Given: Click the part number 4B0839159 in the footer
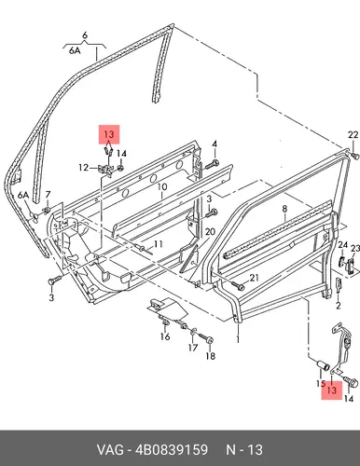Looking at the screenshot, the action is (x=172, y=449).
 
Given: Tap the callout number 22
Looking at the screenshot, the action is (x=353, y=135).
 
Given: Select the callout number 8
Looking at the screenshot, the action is (x=284, y=209).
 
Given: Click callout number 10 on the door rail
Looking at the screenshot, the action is (x=162, y=187).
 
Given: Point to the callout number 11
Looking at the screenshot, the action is (x=159, y=244).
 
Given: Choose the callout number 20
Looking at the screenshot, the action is (x=210, y=232).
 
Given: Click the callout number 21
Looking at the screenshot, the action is (x=255, y=278).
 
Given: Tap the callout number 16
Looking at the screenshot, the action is (x=165, y=336).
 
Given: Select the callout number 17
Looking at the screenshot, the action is (x=193, y=348).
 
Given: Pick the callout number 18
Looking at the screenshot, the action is (x=211, y=356).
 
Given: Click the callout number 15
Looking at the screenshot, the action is (x=321, y=384).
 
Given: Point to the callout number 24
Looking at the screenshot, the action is (x=342, y=245).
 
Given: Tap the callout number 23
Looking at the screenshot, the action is (x=355, y=248).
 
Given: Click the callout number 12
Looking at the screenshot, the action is (x=83, y=168).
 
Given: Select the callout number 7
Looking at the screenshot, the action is (x=48, y=195).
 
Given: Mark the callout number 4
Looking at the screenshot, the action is (x=215, y=144).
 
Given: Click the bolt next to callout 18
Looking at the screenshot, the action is (x=205, y=338).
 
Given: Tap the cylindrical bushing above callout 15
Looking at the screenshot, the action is (x=324, y=365).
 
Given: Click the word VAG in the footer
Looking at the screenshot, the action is (x=110, y=449).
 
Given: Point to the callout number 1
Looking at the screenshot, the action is (x=238, y=338).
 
